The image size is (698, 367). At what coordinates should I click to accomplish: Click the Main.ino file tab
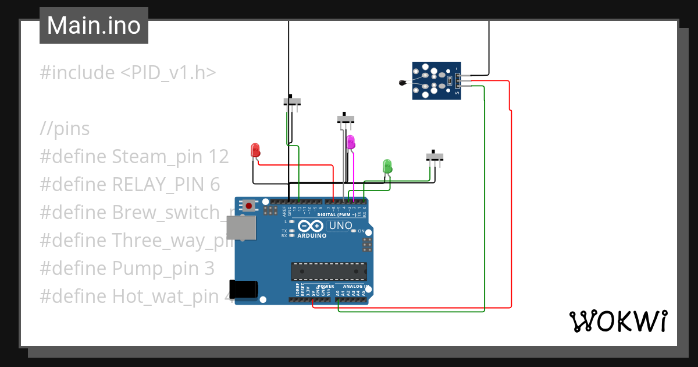(94, 26)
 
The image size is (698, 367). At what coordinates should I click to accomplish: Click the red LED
(255, 150)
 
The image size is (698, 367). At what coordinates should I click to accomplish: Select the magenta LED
(350, 142)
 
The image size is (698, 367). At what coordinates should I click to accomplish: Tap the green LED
(387, 166)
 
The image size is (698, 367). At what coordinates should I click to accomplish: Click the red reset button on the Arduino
(250, 205)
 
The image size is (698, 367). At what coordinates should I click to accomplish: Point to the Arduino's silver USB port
(240, 228)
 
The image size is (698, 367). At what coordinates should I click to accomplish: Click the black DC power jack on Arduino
(243, 289)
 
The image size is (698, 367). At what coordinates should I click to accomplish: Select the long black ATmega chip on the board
(329, 271)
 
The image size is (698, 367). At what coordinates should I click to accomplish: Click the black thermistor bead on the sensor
(402, 83)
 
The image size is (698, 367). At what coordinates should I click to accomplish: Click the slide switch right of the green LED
(435, 157)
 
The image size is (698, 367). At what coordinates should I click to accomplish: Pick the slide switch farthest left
(292, 101)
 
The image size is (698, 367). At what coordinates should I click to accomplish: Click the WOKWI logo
(617, 321)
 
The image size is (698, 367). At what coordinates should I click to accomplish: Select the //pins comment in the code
(65, 129)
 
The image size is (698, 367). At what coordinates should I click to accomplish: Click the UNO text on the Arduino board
(341, 225)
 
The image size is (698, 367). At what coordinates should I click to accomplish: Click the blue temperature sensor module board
(437, 81)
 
